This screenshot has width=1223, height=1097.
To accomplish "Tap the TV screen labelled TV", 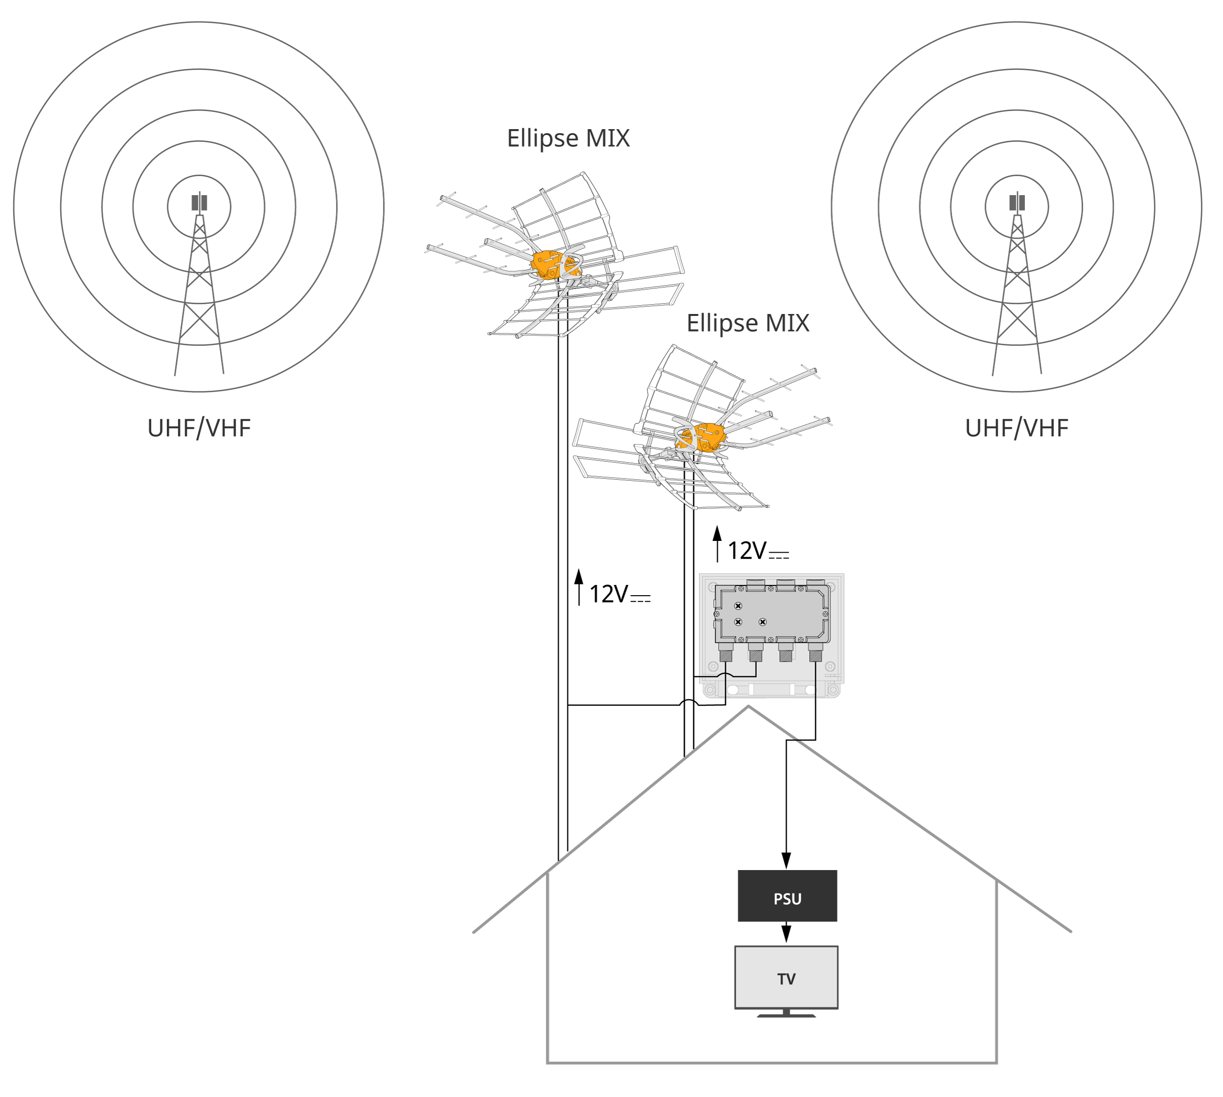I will pos(786,977).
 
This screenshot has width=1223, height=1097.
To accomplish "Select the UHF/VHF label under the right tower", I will pos(1016,428).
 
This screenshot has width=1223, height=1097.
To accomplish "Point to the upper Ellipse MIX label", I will pos(568,138).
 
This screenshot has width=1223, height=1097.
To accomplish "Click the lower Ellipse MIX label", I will pos(747,323).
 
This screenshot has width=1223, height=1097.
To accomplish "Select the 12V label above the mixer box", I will pos(758,551).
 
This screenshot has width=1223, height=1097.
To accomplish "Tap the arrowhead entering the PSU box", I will pos(786,860).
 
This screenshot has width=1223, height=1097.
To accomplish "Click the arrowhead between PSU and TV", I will pos(786,933).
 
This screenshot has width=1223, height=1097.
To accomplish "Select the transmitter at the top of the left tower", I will pos(199,202).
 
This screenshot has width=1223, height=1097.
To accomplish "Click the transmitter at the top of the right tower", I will pos(1017,202).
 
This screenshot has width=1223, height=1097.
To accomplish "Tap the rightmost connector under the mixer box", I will pos(815,652).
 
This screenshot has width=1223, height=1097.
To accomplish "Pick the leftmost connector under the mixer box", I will pos(725,652).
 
